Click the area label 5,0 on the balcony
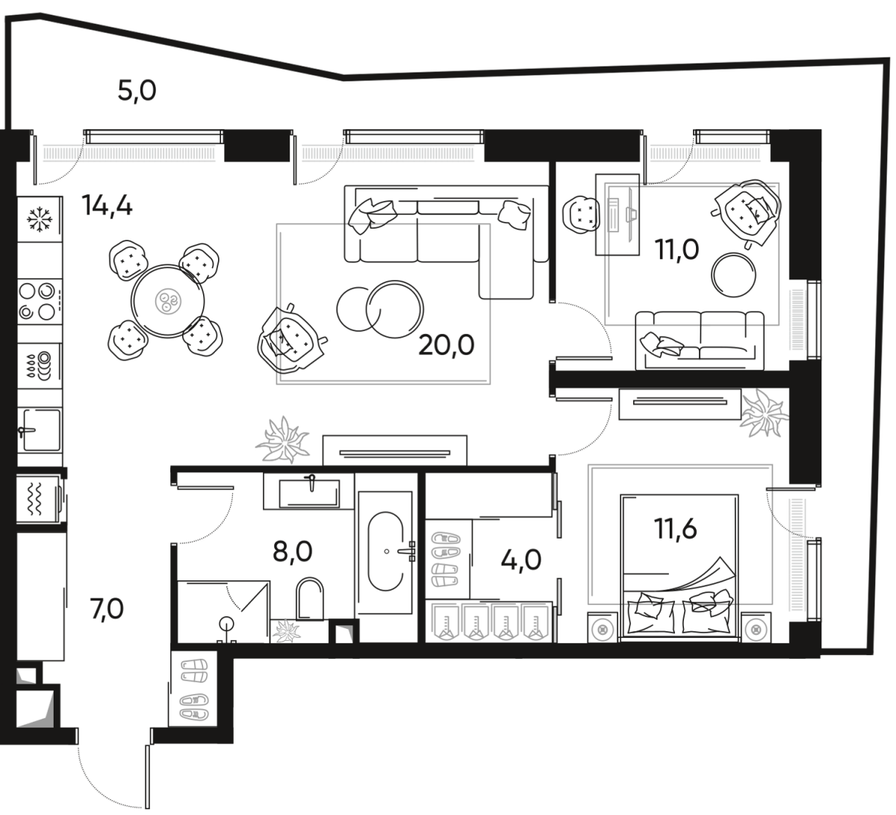click(137, 92)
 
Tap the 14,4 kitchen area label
click(108, 204)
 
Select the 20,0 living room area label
click(447, 346)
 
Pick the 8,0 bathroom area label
click(293, 553)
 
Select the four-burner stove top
click(37, 300)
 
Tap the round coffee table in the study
click(735, 275)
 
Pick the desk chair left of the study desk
click(581, 213)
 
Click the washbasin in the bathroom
click(308, 492)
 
